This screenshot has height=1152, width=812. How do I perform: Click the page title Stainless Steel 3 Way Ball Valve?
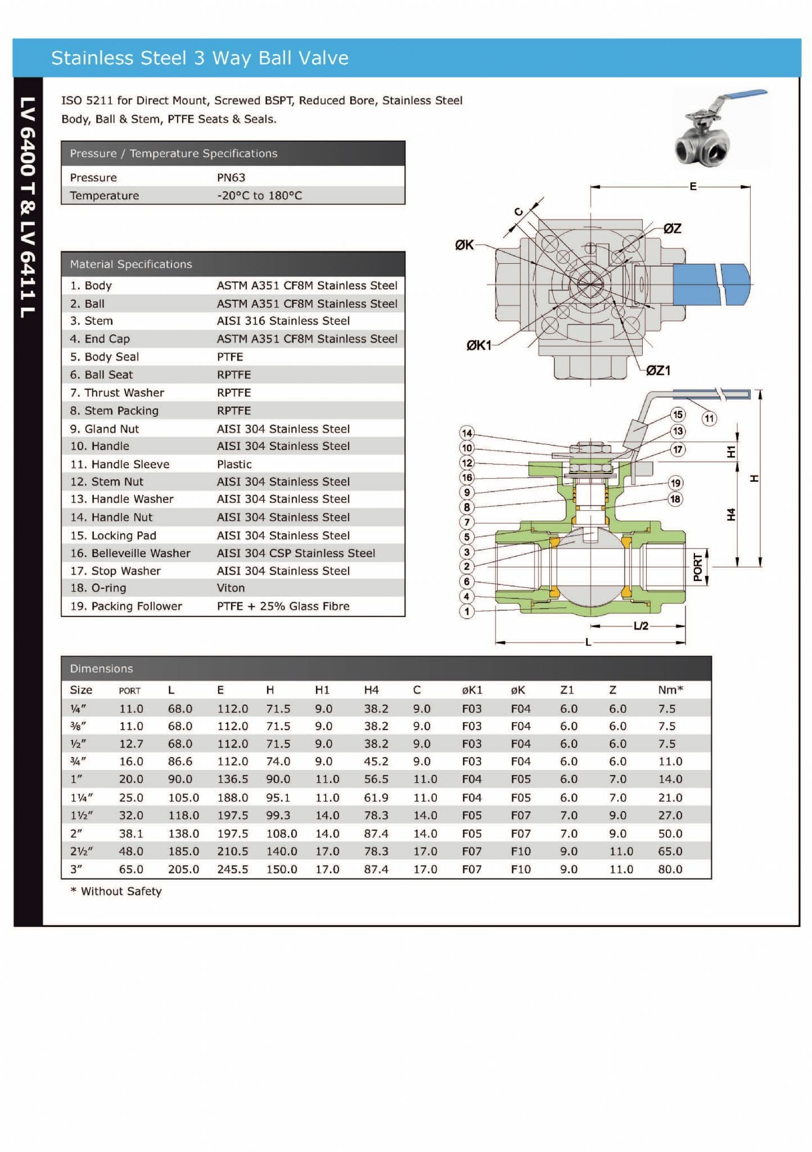point(200,58)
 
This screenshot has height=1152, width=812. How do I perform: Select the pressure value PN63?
point(231,178)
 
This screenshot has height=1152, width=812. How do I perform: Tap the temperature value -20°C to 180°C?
point(259,196)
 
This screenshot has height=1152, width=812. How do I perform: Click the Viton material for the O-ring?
point(231,588)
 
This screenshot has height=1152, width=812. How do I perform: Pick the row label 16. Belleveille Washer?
point(130,553)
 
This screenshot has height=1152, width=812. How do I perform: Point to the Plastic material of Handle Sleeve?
point(234,464)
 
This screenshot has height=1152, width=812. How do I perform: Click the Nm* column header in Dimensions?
point(670,690)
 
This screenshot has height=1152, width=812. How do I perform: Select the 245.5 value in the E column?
point(232,869)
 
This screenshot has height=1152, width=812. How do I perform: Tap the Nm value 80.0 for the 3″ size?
point(670,869)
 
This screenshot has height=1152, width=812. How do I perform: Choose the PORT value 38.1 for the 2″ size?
point(130,834)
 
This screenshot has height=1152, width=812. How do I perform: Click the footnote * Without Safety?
point(116,891)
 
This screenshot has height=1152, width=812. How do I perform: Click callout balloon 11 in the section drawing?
point(709,418)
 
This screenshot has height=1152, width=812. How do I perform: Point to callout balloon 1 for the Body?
point(466,611)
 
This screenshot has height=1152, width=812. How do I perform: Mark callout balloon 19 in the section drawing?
point(675,483)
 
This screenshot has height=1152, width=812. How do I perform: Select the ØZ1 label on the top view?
point(658,370)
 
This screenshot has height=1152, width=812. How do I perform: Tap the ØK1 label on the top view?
point(479,345)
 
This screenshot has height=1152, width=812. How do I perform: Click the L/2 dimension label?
point(640,626)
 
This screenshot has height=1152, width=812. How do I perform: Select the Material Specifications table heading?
point(130,264)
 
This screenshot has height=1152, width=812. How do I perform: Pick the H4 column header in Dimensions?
point(371,690)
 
